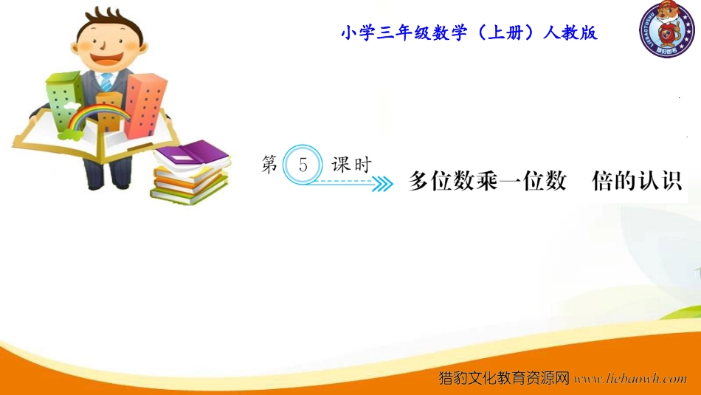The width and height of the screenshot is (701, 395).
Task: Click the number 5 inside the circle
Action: click(x=303, y=165)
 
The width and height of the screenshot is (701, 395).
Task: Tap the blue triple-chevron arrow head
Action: click(x=383, y=183)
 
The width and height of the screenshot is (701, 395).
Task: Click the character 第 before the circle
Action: click(x=270, y=164)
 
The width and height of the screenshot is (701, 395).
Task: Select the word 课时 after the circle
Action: click(x=351, y=165)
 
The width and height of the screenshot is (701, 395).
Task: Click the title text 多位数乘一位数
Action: click(x=487, y=181)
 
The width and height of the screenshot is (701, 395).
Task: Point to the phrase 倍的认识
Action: click(x=637, y=181)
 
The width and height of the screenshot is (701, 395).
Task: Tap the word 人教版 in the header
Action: click(x=570, y=32)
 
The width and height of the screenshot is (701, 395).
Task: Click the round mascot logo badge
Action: click(x=666, y=29)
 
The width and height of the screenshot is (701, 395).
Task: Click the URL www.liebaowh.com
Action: click(x=630, y=379)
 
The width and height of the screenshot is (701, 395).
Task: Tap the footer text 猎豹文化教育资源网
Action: click(x=504, y=378)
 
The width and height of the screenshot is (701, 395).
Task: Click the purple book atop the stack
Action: click(x=193, y=154)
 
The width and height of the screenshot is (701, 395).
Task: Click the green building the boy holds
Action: click(x=64, y=100)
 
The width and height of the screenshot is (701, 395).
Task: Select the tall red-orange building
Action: click(x=145, y=106)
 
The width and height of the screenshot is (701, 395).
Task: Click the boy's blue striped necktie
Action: click(x=106, y=82)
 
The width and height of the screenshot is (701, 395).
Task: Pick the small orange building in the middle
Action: click(x=109, y=111)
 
